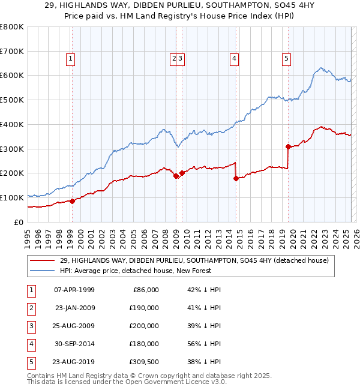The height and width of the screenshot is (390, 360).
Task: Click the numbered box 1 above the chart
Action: [71, 58]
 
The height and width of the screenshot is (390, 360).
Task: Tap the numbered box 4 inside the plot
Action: [233, 58]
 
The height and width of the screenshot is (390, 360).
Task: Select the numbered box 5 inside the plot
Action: [286, 58]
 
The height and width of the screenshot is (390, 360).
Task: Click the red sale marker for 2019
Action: [288, 146]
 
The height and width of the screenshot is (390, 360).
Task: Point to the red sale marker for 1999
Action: [72, 201]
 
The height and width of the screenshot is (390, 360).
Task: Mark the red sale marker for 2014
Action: [236, 178]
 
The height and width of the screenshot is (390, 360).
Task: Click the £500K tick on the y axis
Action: [13, 100]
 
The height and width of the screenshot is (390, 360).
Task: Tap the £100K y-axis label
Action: [13, 197]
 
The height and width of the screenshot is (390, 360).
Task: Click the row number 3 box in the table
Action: [31, 326]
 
